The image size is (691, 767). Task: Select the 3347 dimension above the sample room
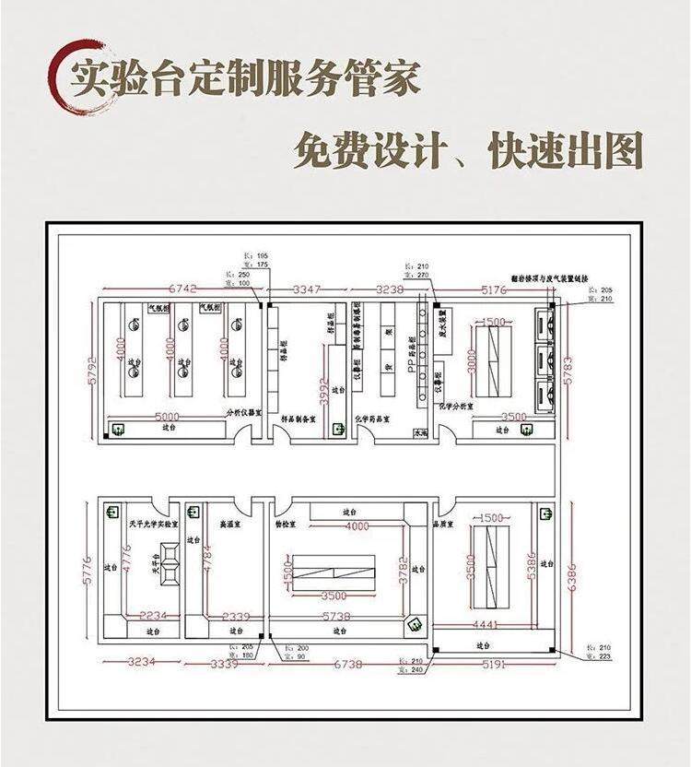306,289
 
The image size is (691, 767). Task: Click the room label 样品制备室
298,418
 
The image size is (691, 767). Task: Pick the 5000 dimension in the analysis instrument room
167,415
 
